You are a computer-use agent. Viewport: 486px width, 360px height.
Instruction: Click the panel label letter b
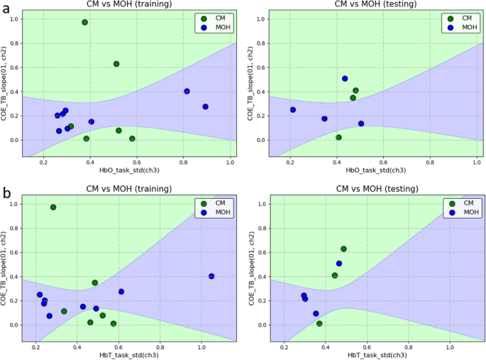pyautogui.click(x=6, y=192)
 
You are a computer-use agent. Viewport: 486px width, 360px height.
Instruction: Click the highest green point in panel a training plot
pyautogui.click(x=84, y=23)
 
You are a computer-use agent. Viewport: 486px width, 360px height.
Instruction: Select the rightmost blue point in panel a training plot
pyautogui.click(x=205, y=107)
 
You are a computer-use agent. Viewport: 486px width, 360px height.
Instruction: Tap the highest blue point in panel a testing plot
pyautogui.click(x=345, y=79)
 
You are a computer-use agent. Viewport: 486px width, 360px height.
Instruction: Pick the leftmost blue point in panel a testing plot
pyautogui.click(x=292, y=109)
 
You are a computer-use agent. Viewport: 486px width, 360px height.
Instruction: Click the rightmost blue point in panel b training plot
pyautogui.click(x=211, y=276)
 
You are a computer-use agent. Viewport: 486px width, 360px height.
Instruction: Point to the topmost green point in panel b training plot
pyautogui.click(x=53, y=207)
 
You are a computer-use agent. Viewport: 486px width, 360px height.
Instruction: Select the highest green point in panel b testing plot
pyautogui.click(x=343, y=249)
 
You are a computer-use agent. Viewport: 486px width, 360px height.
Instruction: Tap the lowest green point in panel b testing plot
pyautogui.click(x=319, y=324)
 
